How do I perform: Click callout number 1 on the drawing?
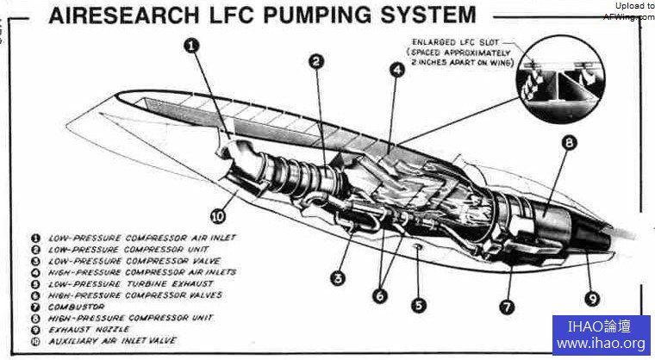point(191,45)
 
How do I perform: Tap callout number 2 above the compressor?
point(316,61)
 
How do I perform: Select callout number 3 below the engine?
point(339,277)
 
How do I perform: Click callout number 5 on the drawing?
point(419,305)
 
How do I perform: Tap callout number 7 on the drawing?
point(507,305)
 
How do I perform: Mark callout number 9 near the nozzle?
point(591,300)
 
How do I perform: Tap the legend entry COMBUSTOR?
point(78,307)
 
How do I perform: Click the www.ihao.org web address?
point(602,344)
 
